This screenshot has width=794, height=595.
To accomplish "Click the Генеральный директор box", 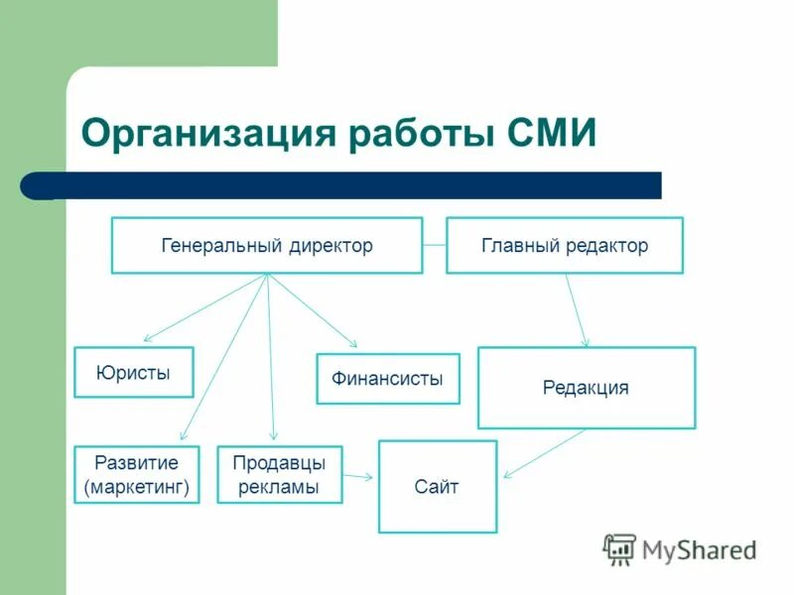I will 267,245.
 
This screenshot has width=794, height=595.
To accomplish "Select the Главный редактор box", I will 564,245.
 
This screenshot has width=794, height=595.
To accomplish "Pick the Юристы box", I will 134,372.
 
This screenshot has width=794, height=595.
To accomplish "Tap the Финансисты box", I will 388,379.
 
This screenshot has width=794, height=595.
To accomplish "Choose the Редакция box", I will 586,388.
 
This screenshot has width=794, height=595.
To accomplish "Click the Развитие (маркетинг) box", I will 137,474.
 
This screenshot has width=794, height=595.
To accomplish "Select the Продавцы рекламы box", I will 280,474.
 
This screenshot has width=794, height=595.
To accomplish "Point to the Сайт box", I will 437,487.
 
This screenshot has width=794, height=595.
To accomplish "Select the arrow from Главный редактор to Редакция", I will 577,309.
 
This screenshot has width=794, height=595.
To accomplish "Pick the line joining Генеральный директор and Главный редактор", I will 435,245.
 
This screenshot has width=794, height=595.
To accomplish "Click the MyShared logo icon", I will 620,548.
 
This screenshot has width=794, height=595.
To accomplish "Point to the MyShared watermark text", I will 699,548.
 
